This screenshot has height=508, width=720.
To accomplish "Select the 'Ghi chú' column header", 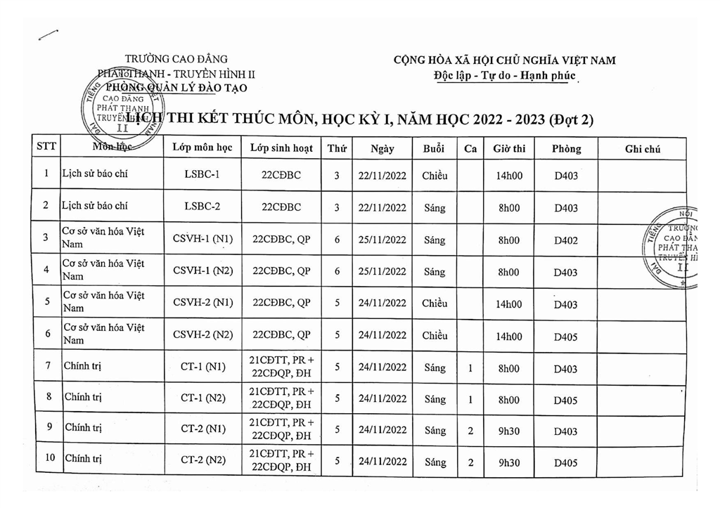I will click(642, 149).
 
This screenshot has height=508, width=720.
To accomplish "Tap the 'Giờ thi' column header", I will click(509, 149).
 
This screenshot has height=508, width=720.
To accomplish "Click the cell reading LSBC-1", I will click(202, 175).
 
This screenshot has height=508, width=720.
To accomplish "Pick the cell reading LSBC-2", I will click(202, 207).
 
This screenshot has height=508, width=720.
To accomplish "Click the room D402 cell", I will click(565, 240).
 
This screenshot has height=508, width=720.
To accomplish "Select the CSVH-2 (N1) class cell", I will click(202, 304).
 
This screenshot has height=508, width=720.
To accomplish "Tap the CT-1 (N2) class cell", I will click(202, 398).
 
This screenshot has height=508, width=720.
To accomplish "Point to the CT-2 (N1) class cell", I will click(202, 429).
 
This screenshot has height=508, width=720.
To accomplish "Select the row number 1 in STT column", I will click(46, 174).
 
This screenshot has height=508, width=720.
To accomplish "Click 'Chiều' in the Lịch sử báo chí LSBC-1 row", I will click(435, 176).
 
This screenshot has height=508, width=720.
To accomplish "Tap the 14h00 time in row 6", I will click(509, 337).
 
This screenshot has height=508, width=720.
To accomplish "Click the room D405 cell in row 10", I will click(565, 463).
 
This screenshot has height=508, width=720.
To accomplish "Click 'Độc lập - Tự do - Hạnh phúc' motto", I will click(505, 75).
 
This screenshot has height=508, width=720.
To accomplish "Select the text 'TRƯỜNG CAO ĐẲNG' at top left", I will click(176, 59).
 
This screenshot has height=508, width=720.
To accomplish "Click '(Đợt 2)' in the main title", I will click(570, 119).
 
